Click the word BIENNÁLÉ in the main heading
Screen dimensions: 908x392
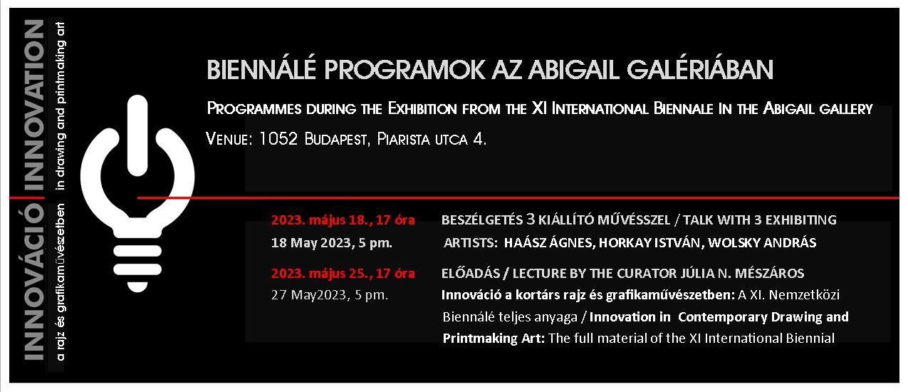261,69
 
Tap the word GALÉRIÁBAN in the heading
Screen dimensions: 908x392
700,69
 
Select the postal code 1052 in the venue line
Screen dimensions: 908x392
278,139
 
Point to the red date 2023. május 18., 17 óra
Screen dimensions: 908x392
343,220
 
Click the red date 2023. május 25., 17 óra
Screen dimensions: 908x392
343,274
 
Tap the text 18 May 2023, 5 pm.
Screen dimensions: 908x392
332,242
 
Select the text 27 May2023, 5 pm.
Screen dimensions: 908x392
330,294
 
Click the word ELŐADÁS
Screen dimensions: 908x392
471,273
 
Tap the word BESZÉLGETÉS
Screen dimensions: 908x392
482,220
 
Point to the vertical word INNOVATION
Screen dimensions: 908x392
34,105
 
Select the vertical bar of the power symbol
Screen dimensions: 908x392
137,135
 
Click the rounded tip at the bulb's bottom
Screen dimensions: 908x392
137,287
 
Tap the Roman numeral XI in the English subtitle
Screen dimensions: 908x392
539,108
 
